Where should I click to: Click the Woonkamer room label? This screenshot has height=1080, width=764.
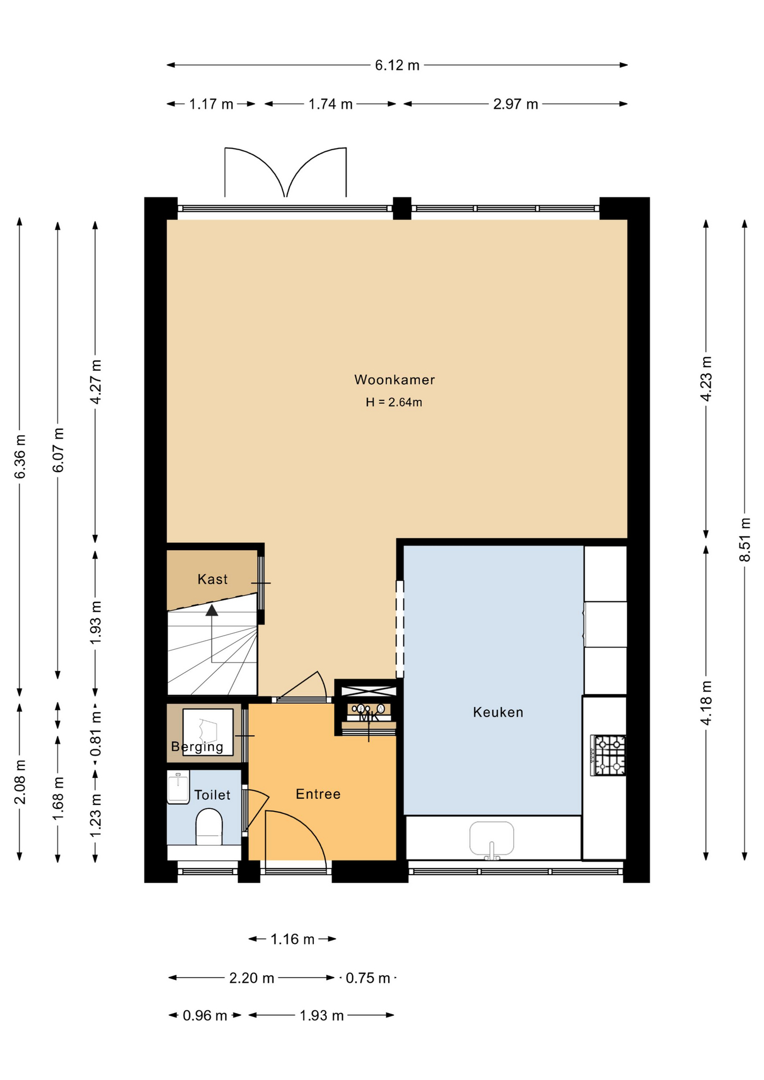[x=394, y=380]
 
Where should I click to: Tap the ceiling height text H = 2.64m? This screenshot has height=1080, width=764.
[x=394, y=402]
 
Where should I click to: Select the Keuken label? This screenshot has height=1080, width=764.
[x=498, y=712]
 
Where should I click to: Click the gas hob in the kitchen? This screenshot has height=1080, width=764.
[x=608, y=755]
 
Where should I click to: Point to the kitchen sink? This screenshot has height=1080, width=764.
[x=492, y=840]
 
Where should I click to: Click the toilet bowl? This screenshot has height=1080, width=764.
[x=209, y=827]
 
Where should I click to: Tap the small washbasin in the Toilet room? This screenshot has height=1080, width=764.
[x=178, y=787]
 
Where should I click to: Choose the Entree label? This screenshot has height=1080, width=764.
[x=318, y=794]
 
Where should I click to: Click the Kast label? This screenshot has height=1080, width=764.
[x=213, y=579]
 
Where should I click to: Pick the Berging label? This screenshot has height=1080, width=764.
[x=197, y=747]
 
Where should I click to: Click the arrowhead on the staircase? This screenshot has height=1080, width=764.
[x=212, y=610]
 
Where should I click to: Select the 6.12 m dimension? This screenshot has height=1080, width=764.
[x=397, y=65]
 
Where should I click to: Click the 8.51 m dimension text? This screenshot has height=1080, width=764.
[x=745, y=539]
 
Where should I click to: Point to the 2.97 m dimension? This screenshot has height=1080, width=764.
[x=516, y=104]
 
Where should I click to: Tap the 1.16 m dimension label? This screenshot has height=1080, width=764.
[x=293, y=939]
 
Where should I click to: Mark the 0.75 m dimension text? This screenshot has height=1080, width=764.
[x=368, y=978]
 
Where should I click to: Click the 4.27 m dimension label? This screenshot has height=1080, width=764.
[x=96, y=382]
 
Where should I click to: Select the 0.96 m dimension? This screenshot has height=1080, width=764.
[x=205, y=1016]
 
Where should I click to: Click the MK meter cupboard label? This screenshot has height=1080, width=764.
[x=369, y=717]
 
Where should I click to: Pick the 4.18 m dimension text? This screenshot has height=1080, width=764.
[x=707, y=703]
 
